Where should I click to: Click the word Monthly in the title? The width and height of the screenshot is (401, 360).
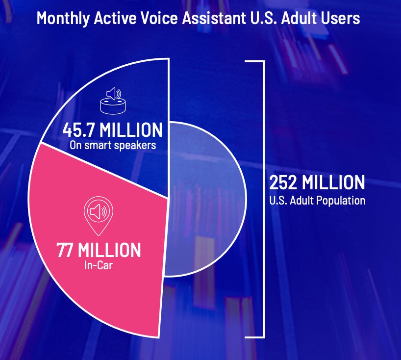[63, 19]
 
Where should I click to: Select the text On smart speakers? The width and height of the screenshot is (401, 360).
[113, 145]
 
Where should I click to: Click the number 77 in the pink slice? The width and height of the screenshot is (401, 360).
[65, 250]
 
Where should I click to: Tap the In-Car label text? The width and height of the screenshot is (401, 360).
[99, 265]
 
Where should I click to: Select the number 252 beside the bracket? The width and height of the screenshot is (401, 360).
[283, 182]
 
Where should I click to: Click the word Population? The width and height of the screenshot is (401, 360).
[341, 201]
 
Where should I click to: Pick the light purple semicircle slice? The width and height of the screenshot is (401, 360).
[204, 200]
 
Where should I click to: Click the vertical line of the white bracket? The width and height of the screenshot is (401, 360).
[264, 200]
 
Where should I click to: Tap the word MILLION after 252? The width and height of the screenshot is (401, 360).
[333, 182]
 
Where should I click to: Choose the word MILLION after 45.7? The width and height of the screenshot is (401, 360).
[131, 130]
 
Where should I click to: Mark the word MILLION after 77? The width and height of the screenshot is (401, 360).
[109, 250]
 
